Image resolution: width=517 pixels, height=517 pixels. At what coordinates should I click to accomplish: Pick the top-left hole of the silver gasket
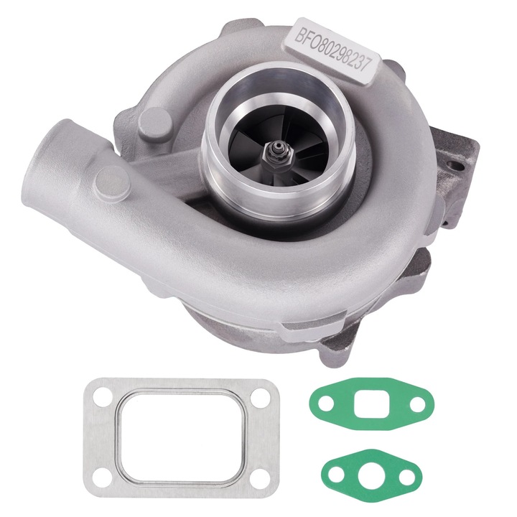pyautogui.click(x=101, y=397)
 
